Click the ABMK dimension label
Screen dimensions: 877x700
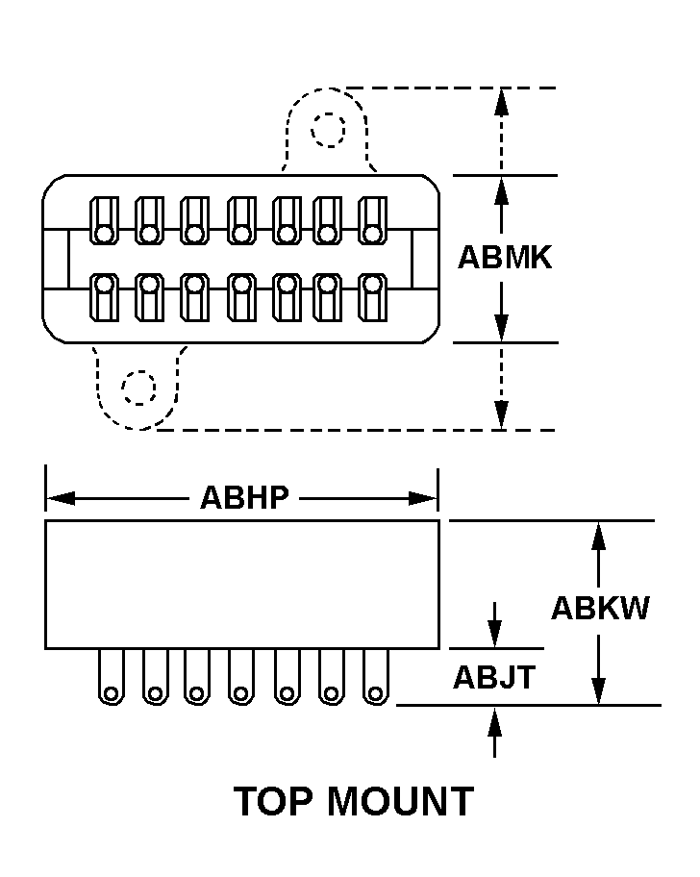coord(505,258)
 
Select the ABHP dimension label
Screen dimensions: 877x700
coord(244,497)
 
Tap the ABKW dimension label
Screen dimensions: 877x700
coord(601,608)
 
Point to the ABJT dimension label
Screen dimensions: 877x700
coord(494,678)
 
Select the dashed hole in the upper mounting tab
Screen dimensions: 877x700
coord(328,129)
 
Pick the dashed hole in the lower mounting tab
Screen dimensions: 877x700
coord(138,388)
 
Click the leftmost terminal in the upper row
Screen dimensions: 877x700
coord(104,220)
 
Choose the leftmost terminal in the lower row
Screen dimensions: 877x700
coord(104,297)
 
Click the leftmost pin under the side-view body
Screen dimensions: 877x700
coord(111,677)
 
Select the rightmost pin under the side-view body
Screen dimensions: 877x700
coord(376,677)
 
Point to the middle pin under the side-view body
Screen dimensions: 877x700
coord(241,677)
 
